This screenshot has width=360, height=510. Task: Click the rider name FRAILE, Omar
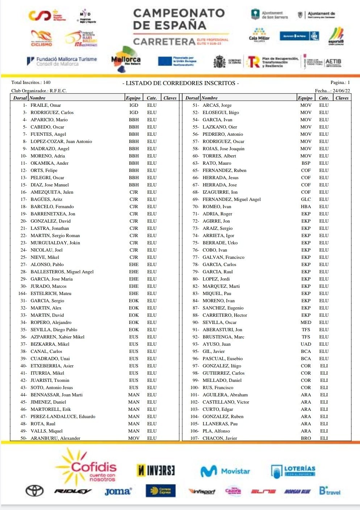click(x=46, y=105)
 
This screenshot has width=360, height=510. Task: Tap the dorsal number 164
click(x=22, y=294)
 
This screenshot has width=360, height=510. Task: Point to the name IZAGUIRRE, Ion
click(x=220, y=192)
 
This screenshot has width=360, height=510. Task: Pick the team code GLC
click(x=306, y=199)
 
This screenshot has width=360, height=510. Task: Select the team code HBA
click(x=306, y=207)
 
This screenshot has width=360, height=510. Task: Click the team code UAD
click(x=306, y=344)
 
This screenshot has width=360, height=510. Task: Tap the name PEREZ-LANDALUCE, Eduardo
click(x=63, y=417)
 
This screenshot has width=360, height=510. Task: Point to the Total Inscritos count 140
click(x=47, y=83)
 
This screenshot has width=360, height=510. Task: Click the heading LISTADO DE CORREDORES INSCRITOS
click(x=180, y=83)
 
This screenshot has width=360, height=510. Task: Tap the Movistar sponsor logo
click(x=225, y=471)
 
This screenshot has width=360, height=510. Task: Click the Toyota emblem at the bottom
click(x=34, y=491)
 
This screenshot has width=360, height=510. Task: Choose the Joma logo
click(x=118, y=491)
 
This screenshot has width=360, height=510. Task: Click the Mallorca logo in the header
click(x=126, y=59)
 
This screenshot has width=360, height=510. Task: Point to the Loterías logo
click(x=293, y=471)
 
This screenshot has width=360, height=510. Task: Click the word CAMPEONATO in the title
click(x=179, y=13)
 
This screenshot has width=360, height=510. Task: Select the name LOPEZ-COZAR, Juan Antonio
click(x=61, y=142)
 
